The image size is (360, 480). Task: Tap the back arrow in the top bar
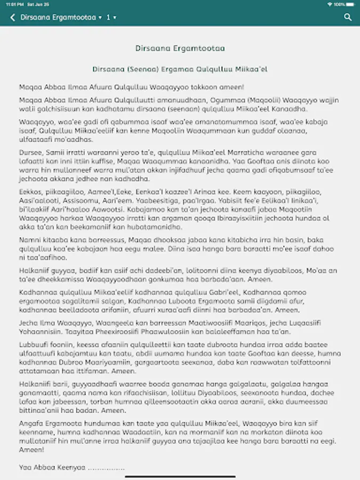coord(12,18)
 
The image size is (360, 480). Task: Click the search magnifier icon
coord(348,18)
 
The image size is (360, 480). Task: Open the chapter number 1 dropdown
coord(111,18)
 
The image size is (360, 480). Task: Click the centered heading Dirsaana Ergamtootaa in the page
coord(180,48)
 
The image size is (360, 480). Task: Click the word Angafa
coord(30,422)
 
